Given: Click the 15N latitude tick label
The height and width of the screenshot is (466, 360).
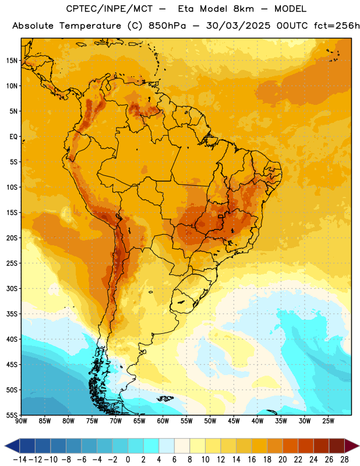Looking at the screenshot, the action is pyautogui.click(x=12, y=61).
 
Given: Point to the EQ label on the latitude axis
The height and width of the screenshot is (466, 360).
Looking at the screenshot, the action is pyautogui.click(x=13, y=137).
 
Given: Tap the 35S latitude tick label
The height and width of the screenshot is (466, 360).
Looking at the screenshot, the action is pyautogui.click(x=12, y=314).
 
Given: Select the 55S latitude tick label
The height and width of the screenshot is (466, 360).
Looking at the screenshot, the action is pyautogui.click(x=12, y=415).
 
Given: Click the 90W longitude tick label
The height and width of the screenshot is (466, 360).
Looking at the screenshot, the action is pyautogui.click(x=21, y=421).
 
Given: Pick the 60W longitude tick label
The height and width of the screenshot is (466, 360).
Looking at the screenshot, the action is pyautogui.click(x=163, y=421).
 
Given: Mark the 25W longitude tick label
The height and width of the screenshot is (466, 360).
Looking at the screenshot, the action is pyautogui.click(x=328, y=421).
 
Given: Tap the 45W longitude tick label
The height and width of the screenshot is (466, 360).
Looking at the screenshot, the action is pyautogui.click(x=234, y=421).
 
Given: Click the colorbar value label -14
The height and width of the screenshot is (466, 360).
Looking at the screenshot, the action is pyautogui.click(x=20, y=460).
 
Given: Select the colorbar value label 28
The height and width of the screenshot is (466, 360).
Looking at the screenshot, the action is pyautogui.click(x=344, y=460).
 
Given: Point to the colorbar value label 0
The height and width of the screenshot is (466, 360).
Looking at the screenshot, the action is pyautogui.click(x=128, y=460).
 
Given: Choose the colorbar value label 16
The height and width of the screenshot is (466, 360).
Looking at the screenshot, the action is pyautogui.click(x=252, y=460).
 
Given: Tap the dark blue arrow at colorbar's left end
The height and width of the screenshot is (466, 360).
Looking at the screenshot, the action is pyautogui.click(x=12, y=446).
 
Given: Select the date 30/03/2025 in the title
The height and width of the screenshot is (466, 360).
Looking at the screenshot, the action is pyautogui.click(x=238, y=26).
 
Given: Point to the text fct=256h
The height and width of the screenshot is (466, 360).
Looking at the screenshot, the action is pyautogui.click(x=337, y=26).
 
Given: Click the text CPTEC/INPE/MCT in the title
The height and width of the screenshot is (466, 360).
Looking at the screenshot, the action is pyautogui.click(x=109, y=9).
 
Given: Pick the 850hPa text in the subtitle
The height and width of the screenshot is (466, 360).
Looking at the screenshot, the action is pyautogui.click(x=167, y=26).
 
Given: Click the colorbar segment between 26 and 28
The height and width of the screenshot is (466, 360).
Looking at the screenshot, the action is pyautogui.click(x=337, y=446).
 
